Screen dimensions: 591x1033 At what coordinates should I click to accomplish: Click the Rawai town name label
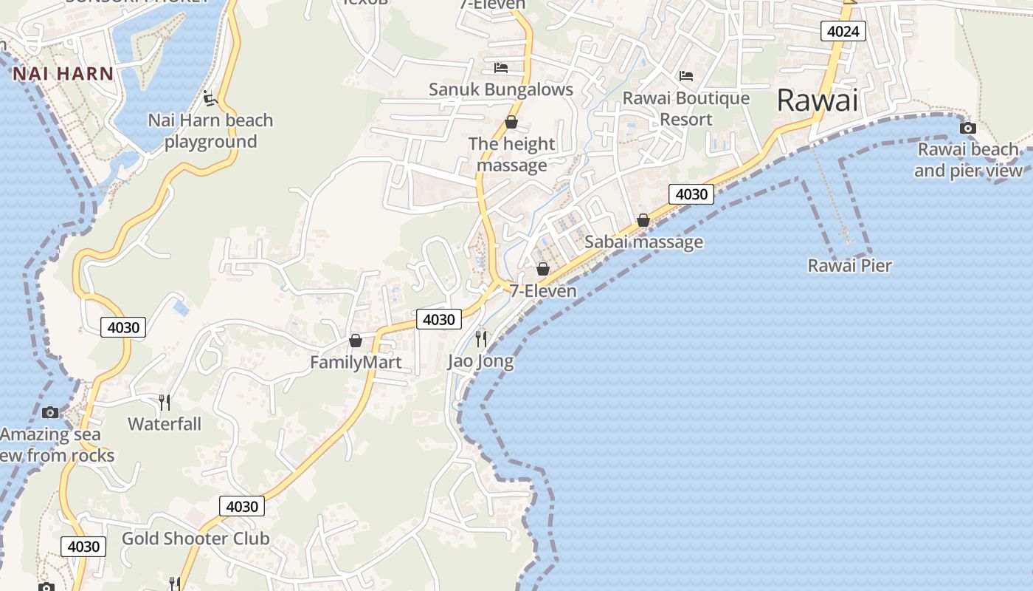818,100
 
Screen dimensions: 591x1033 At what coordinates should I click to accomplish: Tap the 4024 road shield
843,31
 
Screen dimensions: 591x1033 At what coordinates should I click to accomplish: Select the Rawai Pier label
849,266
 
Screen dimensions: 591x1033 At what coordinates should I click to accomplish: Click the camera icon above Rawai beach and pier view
967,129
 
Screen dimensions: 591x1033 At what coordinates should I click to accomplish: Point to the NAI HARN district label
63,74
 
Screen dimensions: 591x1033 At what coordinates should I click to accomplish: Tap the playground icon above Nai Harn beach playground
210,98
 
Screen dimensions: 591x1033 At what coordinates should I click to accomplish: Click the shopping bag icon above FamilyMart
356,341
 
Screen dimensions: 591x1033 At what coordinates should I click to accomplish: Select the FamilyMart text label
356,362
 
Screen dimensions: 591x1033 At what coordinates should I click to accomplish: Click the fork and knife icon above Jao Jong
481,338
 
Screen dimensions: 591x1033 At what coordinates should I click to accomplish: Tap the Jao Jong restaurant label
480,362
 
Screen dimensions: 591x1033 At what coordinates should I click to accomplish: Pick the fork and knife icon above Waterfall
165,402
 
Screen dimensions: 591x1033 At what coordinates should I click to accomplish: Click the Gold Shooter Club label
196,539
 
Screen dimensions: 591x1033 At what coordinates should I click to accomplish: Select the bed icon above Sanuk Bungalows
501,68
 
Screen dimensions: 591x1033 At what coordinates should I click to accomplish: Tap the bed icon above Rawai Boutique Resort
686,75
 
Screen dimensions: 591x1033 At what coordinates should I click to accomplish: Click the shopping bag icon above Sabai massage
643,220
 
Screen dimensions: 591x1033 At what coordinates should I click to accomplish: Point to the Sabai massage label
643,242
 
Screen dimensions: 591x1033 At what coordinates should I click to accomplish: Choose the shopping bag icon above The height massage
511,122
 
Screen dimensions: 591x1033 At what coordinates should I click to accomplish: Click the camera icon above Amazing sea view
50,412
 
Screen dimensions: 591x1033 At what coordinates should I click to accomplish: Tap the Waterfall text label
165,424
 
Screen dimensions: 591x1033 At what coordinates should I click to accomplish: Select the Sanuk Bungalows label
501,90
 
